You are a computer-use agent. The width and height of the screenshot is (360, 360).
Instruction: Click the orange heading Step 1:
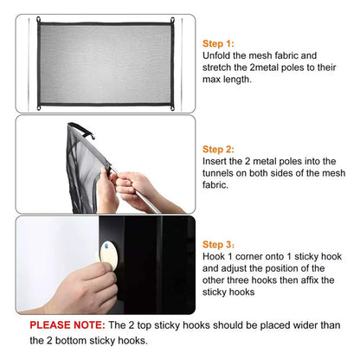[x=218, y=43]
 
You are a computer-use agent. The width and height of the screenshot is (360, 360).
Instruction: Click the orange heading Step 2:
[x=218, y=149]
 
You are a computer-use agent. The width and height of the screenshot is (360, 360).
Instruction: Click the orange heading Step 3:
[x=218, y=244]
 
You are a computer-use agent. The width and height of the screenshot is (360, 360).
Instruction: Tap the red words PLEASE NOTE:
[x=67, y=325]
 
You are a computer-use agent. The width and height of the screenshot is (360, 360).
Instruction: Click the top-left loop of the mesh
[x=38, y=20]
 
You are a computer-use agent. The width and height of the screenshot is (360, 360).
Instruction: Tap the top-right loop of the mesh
[x=172, y=21]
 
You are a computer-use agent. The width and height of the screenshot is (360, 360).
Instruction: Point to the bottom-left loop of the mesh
[x=39, y=107]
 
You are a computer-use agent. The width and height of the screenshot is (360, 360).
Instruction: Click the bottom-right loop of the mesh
[x=172, y=108]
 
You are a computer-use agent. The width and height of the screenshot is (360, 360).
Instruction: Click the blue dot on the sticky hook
[x=106, y=246]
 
